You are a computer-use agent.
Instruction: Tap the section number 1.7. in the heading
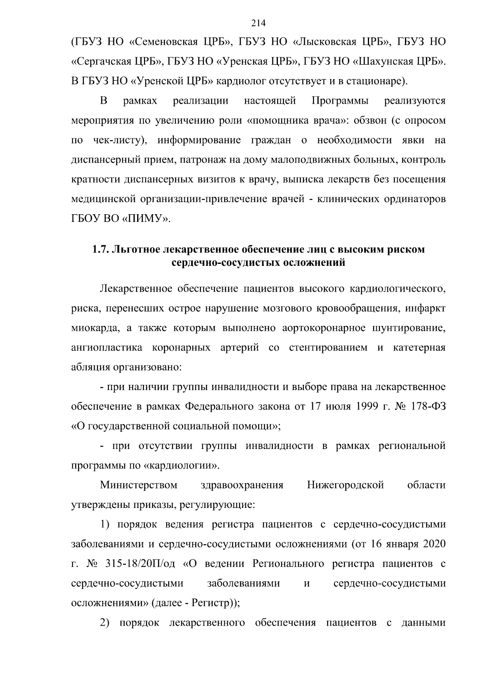click(101, 249)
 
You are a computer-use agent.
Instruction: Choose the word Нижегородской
click(345, 485)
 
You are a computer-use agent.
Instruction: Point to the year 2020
click(434, 544)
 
